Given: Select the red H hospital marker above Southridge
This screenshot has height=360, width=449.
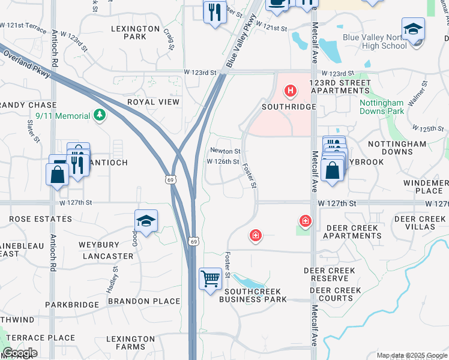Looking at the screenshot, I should pos(291,92).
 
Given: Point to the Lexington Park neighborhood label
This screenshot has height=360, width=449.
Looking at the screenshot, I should pos(136,32).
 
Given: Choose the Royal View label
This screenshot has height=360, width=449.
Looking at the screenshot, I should pos(153,102).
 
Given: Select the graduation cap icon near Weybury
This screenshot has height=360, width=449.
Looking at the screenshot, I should pos(146,221).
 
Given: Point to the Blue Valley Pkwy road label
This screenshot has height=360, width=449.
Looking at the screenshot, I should pos(240,41).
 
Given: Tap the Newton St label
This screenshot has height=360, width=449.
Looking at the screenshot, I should pos(225,151).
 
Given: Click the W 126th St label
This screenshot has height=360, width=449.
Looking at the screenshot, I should pos(223,161).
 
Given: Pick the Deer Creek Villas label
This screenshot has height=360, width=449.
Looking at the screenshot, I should pos(420,223).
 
